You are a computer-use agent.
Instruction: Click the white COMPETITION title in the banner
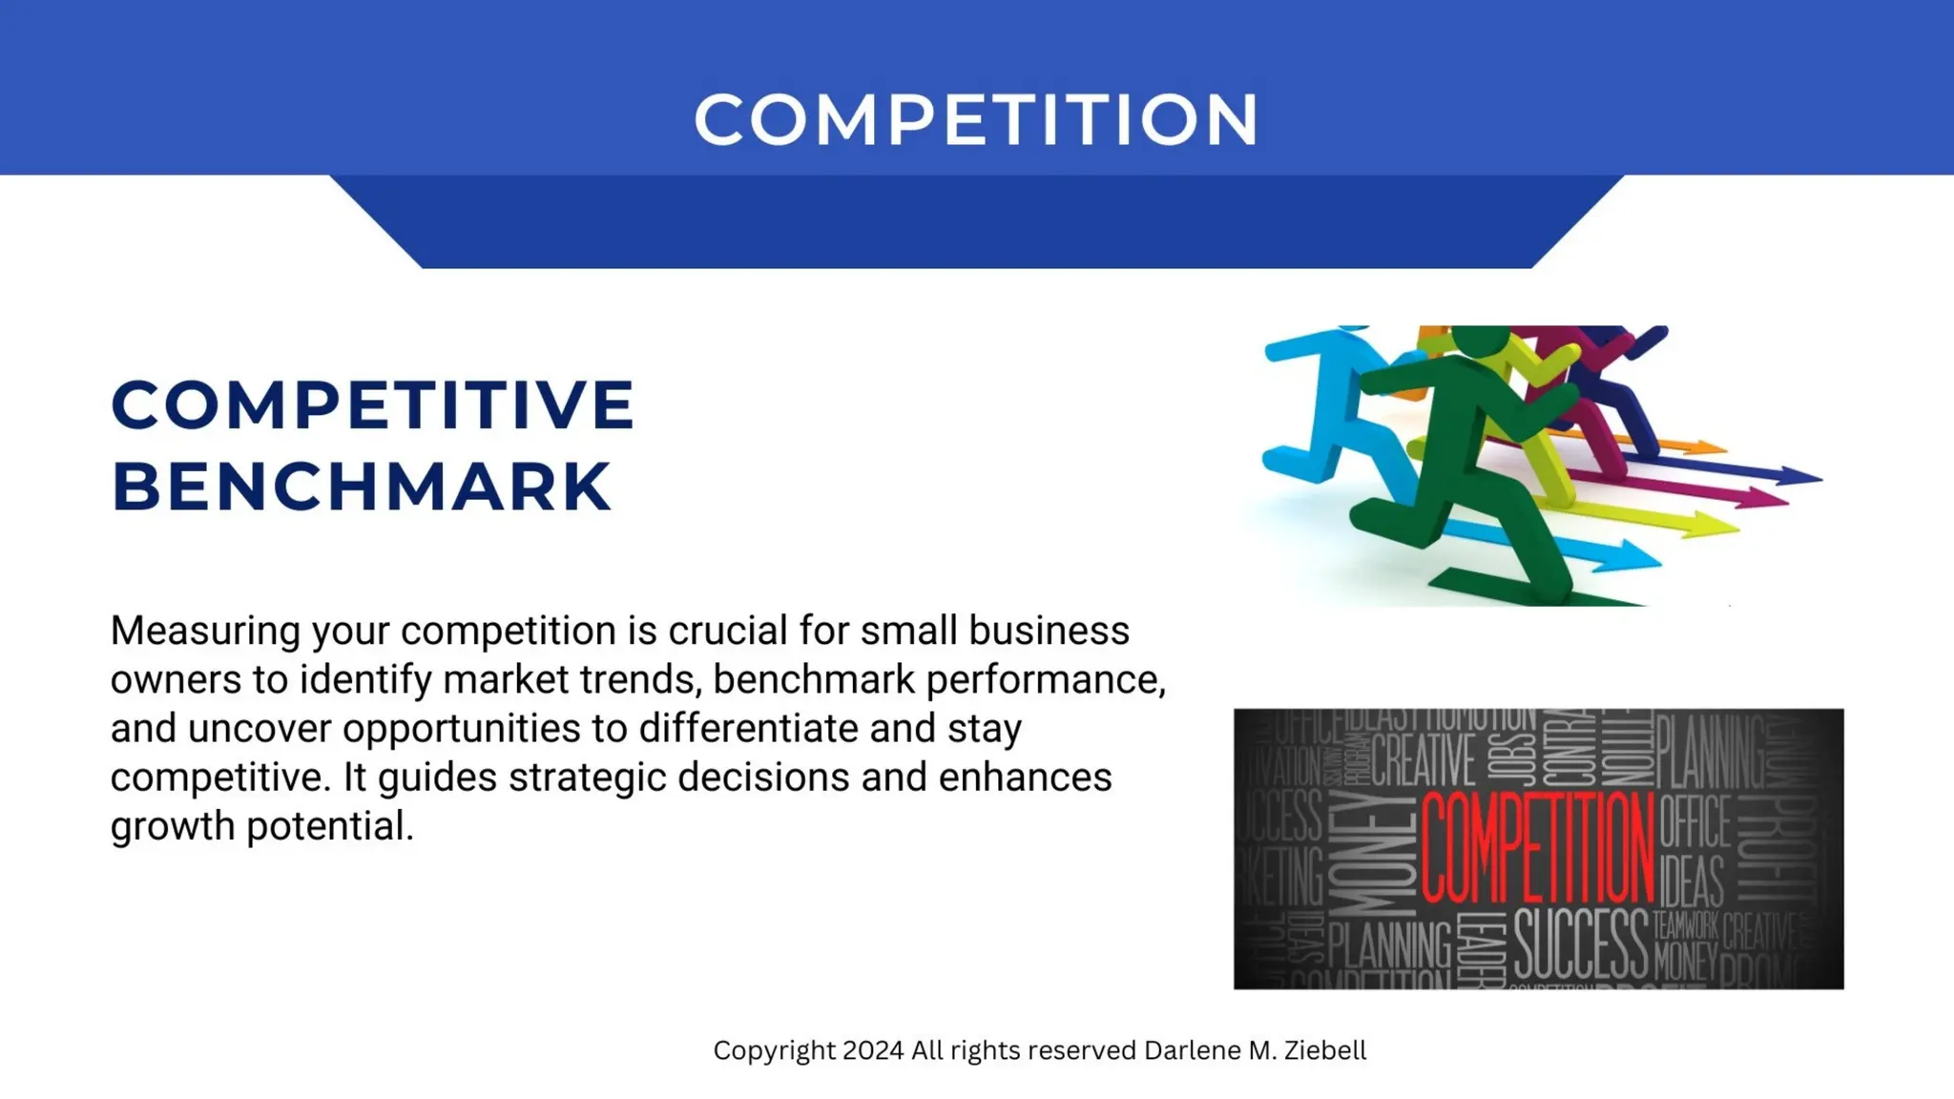(x=976, y=120)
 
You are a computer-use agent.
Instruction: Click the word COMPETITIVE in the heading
(x=373, y=405)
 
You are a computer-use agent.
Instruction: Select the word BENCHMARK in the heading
(x=362, y=487)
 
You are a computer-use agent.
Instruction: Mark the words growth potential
(x=262, y=826)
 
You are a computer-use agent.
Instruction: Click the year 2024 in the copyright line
(x=873, y=1050)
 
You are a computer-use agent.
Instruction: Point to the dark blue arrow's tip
(x=1803, y=476)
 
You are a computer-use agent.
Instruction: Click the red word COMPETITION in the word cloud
(x=1537, y=847)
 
